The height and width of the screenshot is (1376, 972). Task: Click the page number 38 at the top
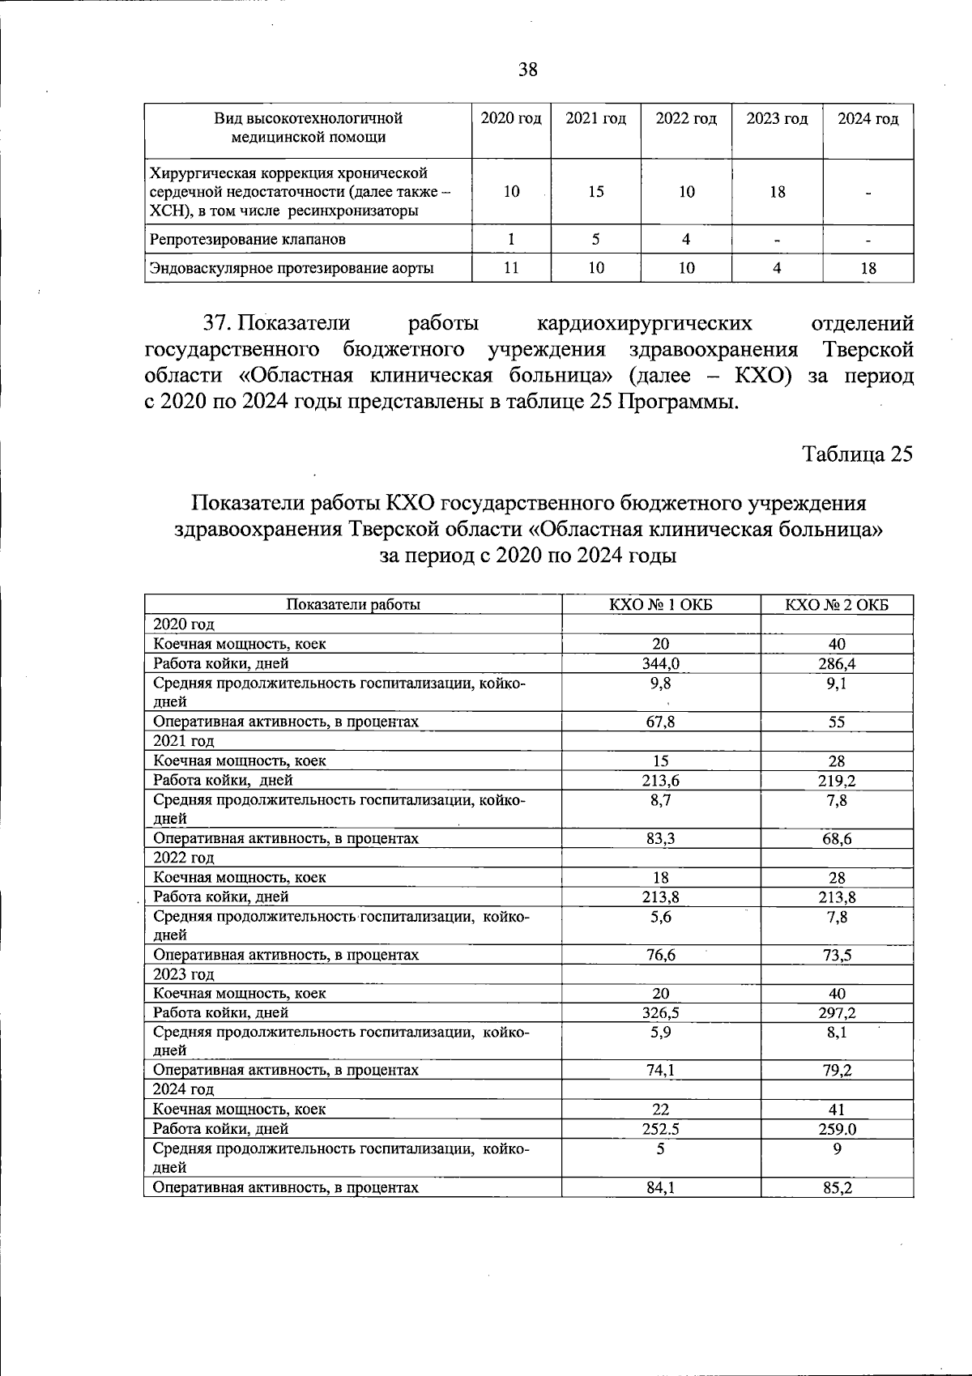coord(527,70)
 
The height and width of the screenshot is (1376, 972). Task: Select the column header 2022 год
coord(686,119)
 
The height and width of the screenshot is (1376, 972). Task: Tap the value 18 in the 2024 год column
coord(868,268)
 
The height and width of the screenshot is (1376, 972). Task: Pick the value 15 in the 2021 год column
coord(595,192)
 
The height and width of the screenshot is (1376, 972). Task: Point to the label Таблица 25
coord(857,454)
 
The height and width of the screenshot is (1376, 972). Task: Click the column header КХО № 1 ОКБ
coord(661,605)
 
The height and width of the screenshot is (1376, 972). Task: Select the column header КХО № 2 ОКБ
coord(837,605)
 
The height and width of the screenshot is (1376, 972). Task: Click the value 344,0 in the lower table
coord(661,664)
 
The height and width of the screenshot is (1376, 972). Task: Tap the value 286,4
coord(837,664)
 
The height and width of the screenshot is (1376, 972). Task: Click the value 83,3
coord(661,839)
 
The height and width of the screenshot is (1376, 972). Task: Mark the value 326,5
coord(661,1013)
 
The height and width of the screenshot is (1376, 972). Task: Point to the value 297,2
coord(837,1013)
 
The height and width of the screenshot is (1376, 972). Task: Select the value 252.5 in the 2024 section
coord(661,1129)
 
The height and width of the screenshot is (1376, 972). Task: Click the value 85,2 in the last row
coord(837,1188)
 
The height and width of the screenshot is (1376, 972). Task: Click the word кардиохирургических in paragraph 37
coord(645,323)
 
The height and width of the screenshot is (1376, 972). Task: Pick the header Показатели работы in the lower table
coord(353,605)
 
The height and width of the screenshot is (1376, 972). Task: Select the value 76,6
coord(661,955)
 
